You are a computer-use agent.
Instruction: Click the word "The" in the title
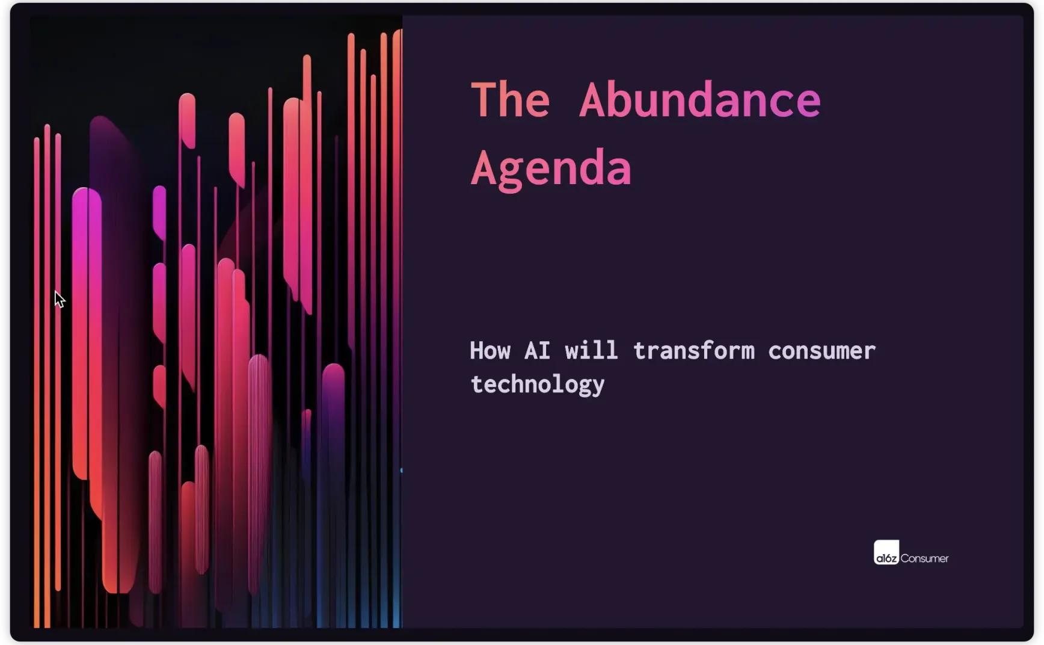[x=510, y=100]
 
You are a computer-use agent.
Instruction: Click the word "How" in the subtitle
[x=490, y=351]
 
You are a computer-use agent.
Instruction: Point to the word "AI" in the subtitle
[x=537, y=351]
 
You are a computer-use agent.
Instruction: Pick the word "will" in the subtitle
[x=591, y=350]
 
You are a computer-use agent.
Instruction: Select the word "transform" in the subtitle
[x=693, y=351]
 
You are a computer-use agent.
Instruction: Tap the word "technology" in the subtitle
[x=537, y=385]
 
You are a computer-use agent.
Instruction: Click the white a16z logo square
[x=886, y=552]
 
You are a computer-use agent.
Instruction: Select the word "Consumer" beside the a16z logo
[x=924, y=558]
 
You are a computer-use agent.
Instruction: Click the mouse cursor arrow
[x=59, y=299]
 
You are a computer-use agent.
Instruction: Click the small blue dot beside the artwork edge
[x=401, y=471]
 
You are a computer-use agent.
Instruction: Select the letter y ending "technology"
[x=597, y=388]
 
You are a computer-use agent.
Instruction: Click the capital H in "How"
[x=476, y=351]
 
